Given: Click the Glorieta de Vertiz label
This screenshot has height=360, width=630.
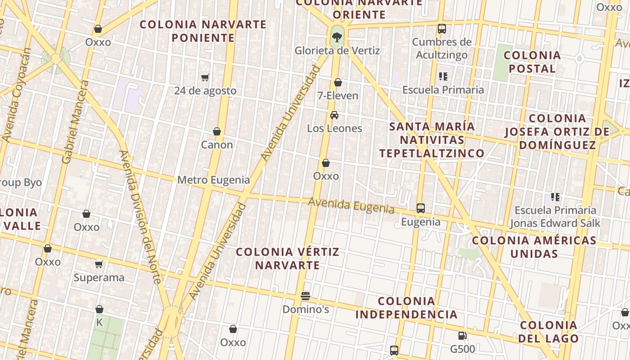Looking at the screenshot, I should (337, 51).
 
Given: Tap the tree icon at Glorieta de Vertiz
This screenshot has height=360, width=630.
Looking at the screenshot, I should (337, 36).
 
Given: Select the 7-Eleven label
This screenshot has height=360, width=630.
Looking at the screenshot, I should (338, 95).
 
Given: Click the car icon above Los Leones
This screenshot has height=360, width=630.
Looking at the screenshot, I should (334, 115).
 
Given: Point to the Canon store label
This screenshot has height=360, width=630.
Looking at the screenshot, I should (217, 144).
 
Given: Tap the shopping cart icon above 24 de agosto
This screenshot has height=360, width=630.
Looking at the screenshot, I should (205, 77).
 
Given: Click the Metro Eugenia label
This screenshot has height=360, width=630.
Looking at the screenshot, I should (213, 180).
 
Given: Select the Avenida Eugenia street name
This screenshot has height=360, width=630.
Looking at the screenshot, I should (351, 206).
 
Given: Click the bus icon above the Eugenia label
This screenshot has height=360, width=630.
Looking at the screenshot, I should (421, 208).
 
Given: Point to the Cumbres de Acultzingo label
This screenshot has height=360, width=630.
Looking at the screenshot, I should (442, 49).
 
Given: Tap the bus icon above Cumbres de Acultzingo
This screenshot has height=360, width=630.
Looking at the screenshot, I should (442, 29).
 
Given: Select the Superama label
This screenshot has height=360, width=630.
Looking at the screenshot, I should (99, 278).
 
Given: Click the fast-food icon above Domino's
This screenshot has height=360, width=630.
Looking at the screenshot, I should (306, 296).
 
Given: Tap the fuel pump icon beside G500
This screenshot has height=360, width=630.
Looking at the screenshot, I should (462, 336).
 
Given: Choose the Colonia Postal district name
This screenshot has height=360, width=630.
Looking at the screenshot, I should (532, 62).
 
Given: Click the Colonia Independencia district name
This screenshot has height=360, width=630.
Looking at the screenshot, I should (406, 308).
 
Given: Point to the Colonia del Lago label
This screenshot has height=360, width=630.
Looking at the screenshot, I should (549, 332).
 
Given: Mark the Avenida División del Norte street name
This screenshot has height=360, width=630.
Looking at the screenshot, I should (139, 216).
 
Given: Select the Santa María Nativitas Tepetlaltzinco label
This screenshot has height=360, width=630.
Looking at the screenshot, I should (432, 139).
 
